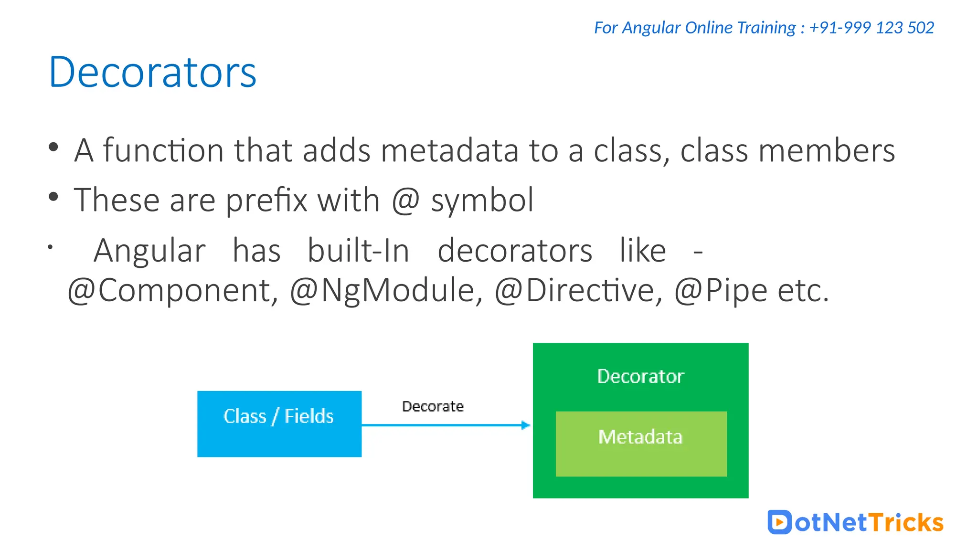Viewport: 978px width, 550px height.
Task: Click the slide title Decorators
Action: (153, 73)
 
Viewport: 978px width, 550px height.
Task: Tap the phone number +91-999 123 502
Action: (872, 28)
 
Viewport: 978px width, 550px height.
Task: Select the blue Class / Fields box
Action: (279, 424)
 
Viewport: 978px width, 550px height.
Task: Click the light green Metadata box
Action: (641, 444)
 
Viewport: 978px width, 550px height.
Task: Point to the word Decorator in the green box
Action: (640, 376)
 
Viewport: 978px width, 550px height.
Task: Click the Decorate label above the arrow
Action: (433, 406)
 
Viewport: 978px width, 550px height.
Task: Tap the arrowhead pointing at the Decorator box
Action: (525, 425)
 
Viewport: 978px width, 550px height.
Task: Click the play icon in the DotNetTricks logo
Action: (779, 522)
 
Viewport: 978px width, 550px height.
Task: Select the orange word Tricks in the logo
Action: (905, 522)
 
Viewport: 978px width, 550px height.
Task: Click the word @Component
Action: (172, 290)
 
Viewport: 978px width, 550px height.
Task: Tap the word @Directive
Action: (578, 290)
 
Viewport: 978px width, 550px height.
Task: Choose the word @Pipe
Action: (721, 290)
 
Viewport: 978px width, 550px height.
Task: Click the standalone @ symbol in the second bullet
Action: (405, 201)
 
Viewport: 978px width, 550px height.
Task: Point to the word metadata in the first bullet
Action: (449, 150)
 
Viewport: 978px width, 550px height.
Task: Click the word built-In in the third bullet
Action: (358, 251)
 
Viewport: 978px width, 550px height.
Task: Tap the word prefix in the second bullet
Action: (266, 201)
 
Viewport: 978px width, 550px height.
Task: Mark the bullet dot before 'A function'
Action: (53, 147)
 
